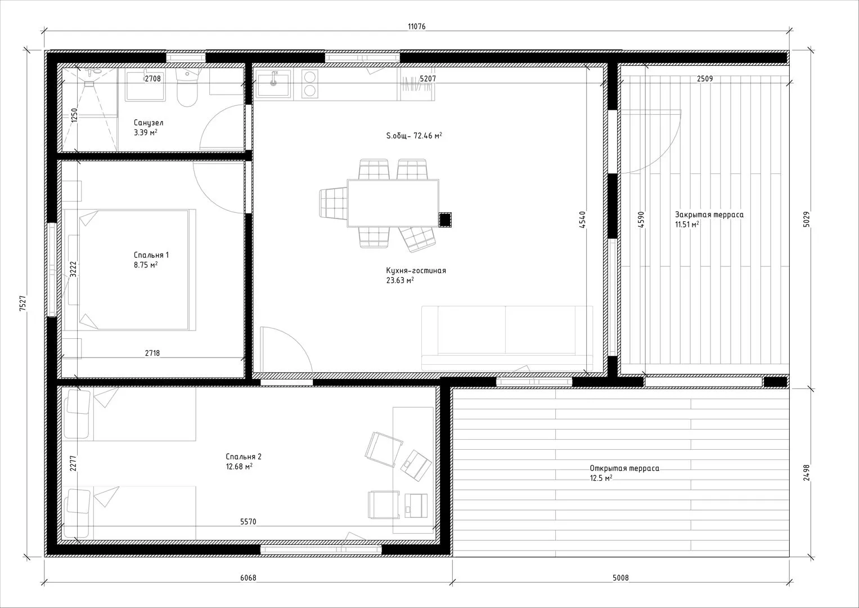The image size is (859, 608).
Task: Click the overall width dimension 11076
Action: (416, 26)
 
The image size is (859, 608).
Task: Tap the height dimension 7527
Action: (23, 303)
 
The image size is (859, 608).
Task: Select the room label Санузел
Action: (149, 123)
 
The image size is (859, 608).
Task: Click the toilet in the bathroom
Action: (187, 87)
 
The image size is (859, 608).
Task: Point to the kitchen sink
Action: (273, 84)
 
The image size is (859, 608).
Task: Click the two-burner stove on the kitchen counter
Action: (310, 84)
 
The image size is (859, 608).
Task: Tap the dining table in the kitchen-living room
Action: (393, 203)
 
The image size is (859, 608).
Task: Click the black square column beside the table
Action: (445, 220)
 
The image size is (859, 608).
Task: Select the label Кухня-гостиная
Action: (416, 271)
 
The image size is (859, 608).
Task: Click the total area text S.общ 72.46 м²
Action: (414, 136)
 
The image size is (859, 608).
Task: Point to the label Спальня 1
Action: (151, 255)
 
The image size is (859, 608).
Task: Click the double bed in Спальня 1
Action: (130, 270)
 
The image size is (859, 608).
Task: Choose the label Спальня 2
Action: (244, 457)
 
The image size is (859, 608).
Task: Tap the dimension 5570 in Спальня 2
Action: (248, 522)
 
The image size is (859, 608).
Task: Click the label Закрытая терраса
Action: (709, 215)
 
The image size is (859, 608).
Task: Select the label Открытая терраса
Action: (624, 468)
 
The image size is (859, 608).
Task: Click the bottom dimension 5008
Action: (620, 578)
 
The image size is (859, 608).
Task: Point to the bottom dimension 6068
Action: (248, 578)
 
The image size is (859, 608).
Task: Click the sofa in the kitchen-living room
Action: (507, 338)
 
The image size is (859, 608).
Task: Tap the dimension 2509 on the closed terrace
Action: (705, 79)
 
